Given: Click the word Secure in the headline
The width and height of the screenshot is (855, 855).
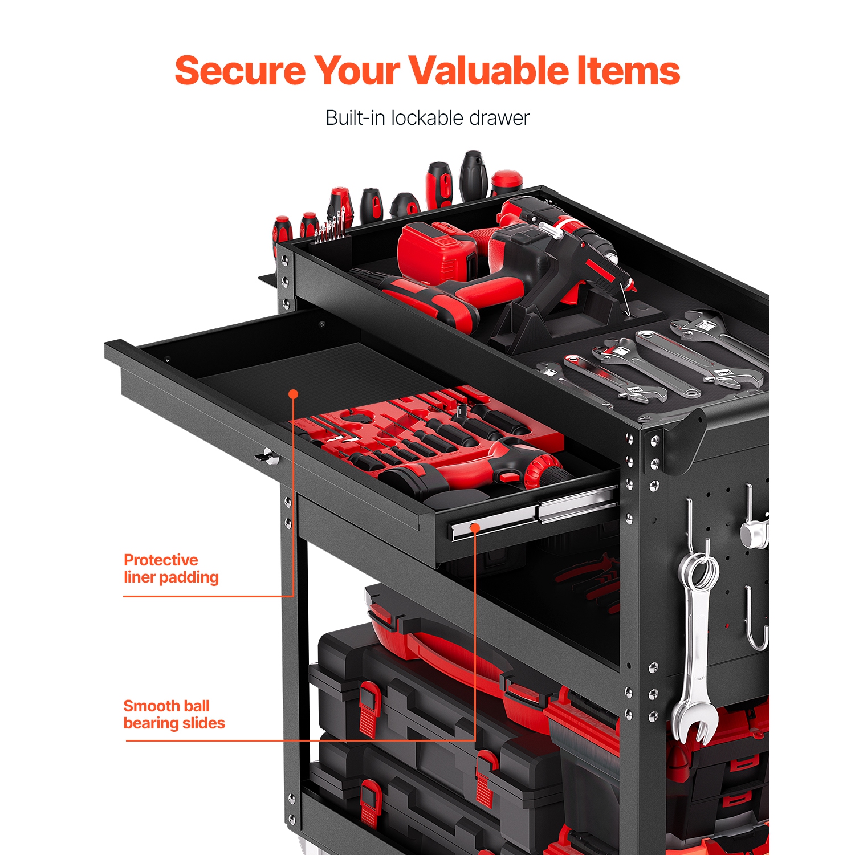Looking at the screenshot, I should pyautogui.click(x=239, y=71).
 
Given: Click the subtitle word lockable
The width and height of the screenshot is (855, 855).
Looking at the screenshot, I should pyautogui.click(x=427, y=118).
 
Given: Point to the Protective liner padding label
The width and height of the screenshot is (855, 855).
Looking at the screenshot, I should pyautogui.click(x=171, y=568).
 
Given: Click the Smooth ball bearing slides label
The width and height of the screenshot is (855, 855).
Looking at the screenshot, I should pyautogui.click(x=174, y=714).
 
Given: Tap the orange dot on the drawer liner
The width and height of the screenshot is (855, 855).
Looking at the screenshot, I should pyautogui.click(x=294, y=394).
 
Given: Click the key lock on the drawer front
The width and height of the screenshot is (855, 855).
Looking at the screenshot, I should pyautogui.click(x=266, y=456).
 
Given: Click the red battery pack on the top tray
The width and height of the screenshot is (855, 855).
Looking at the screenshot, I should pyautogui.click(x=436, y=251).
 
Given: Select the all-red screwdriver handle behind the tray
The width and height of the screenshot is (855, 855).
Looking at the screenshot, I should pyautogui.click(x=506, y=181).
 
